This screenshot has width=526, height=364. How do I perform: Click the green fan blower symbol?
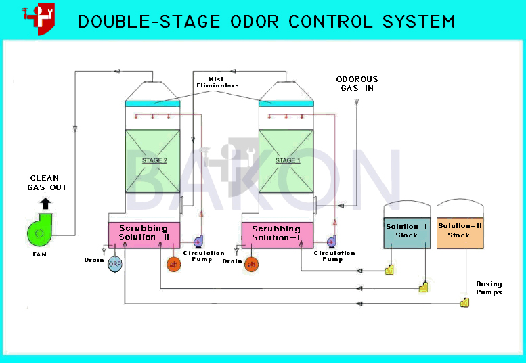(40, 230)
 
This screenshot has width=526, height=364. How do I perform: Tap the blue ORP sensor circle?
(114, 264)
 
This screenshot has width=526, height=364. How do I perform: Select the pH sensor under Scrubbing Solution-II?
(174, 264)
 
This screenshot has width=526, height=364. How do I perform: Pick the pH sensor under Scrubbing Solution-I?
(251, 265)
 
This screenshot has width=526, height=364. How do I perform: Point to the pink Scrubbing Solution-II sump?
(144, 235)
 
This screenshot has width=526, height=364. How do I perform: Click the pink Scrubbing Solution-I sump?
(278, 235)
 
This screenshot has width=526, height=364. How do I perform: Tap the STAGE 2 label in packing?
(154, 160)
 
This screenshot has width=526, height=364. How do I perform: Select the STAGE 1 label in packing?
(288, 160)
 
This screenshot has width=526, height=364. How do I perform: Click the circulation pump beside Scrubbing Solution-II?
(198, 242)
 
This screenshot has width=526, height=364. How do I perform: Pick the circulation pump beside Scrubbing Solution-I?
(332, 242)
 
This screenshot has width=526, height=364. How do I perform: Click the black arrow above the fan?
(45, 204)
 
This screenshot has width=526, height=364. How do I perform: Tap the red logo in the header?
(39, 18)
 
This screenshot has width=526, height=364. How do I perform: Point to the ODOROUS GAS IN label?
(357, 84)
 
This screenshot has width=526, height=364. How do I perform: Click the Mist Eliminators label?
(217, 83)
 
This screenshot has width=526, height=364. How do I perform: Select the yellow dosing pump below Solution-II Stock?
(464, 302)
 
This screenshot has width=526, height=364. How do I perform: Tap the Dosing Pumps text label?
(489, 288)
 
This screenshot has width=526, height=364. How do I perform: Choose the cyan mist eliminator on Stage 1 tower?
(286, 104)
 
